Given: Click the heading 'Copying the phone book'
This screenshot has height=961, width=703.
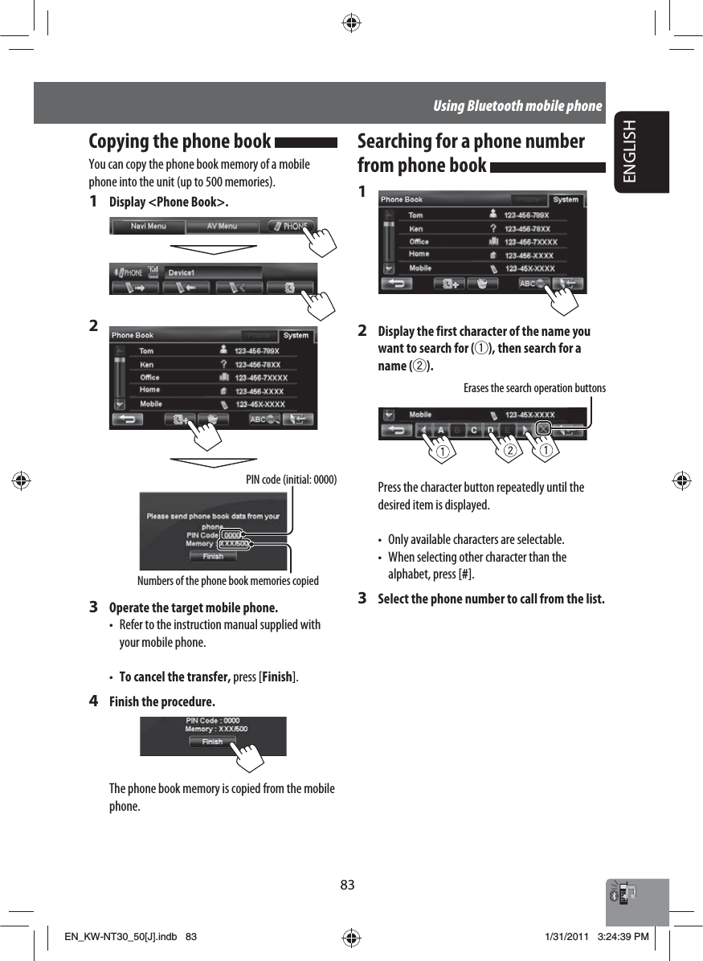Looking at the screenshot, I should pos(179,141).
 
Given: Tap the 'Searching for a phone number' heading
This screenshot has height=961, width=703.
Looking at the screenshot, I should pos(471,141).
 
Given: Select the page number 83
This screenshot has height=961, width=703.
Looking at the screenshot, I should pos(347,885).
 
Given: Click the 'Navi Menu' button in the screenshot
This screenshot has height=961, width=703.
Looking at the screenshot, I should pos(149,227).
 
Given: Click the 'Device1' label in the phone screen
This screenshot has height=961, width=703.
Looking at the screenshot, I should pos(182,272).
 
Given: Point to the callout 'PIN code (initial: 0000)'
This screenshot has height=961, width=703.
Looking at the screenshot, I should pos(291,480).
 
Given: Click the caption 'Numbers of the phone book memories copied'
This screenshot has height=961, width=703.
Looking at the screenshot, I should pos(228,580).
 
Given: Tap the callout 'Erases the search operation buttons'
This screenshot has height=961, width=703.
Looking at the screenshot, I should pos(534,388).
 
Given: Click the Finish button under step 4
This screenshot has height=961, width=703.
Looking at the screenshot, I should pos(212,742).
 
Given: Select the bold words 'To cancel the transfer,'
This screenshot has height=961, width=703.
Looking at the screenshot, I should pos(174,677).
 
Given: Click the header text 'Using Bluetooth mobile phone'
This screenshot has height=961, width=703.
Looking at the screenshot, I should pos(517,105).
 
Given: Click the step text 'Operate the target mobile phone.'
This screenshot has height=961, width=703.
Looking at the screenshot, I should pos(194,607).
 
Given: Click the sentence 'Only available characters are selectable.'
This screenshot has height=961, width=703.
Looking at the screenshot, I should pos(476,538).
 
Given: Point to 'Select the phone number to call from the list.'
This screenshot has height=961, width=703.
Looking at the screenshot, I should pos(491,599).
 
